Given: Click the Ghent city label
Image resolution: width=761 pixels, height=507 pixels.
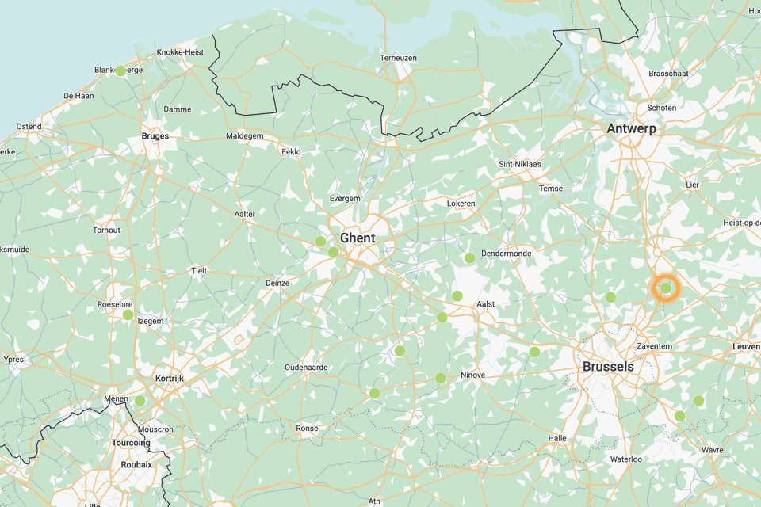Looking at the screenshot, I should coord(358,238).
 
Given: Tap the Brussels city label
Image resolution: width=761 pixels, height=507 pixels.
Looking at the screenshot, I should coord(608,367).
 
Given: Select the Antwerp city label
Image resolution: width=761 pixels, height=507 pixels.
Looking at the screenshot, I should coord(633,128).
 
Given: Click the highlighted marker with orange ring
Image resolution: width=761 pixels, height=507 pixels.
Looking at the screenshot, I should coord(666,288).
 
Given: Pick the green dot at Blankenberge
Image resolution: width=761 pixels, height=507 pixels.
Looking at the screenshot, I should coord(120,71).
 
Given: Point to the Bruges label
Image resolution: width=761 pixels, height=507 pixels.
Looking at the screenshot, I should coord(155,136).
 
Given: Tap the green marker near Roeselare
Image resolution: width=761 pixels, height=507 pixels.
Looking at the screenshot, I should coord(128,314).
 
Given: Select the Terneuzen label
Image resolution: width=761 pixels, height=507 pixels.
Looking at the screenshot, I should coord(398,59).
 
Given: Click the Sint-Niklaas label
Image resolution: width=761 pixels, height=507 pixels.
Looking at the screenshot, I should coord(519,164).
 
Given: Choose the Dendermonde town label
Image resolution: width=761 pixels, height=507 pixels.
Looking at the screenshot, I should coord(507,253).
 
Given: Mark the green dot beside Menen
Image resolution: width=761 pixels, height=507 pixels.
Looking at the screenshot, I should coord(140,401).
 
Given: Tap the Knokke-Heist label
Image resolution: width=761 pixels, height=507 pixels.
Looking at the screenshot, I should coord(180,52).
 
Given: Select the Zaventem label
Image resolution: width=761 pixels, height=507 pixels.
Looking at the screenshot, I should coord(655,346).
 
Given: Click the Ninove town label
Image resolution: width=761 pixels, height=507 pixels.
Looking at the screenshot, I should coord(472,375).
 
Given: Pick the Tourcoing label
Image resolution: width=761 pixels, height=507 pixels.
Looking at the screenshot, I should coord(131,443).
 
